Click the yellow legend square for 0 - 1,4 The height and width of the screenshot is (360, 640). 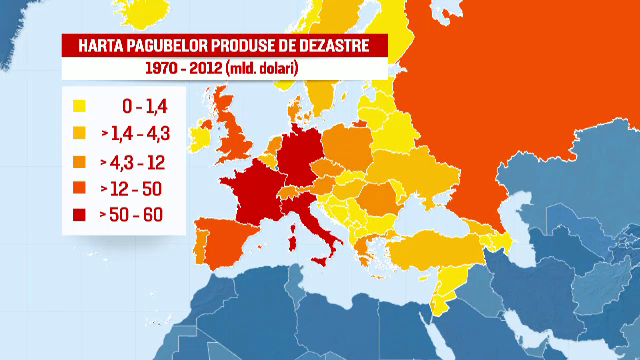[x=79, y=103]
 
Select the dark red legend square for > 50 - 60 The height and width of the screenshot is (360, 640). [x=79, y=214]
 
